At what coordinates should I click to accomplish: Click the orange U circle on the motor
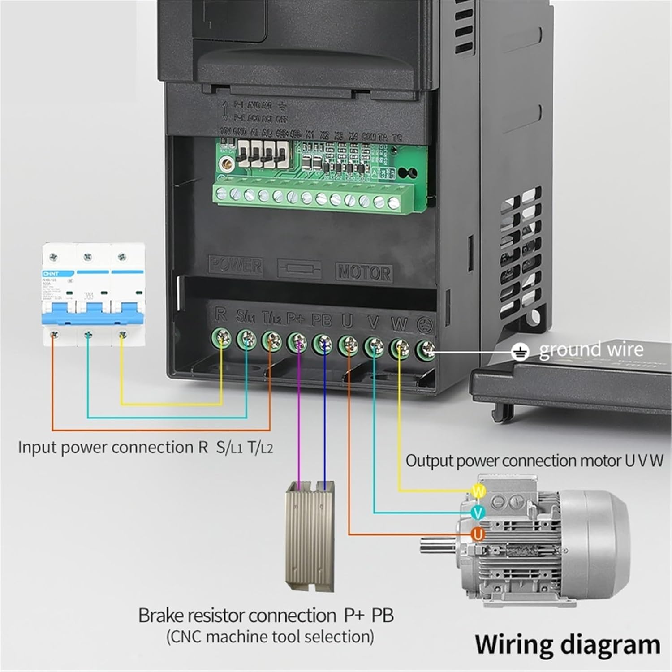(478, 534)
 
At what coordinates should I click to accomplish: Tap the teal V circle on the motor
(478, 513)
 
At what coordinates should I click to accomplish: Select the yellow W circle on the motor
(478, 491)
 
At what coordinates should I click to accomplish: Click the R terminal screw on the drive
(222, 339)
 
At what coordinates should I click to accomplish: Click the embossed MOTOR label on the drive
(364, 272)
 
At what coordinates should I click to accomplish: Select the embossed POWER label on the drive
(236, 265)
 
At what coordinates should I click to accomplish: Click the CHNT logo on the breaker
(51, 273)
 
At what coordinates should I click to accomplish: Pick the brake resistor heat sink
(310, 535)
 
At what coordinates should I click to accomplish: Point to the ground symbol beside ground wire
(520, 352)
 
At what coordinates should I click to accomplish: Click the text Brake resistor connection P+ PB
(266, 615)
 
